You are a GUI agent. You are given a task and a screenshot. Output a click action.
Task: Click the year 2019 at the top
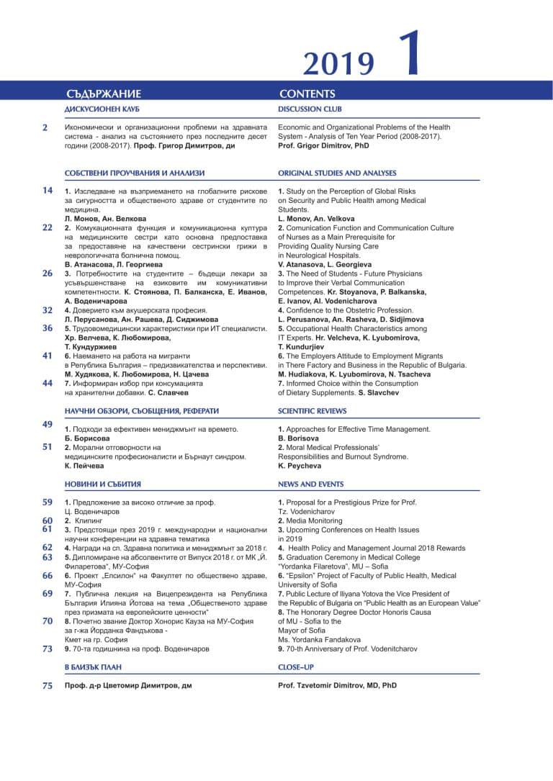(338, 64)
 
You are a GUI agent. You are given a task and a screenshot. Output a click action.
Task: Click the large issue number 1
(408, 53)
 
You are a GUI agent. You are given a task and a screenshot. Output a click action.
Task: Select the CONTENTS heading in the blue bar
(307, 94)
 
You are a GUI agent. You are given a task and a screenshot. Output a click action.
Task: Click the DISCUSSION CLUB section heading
(310, 109)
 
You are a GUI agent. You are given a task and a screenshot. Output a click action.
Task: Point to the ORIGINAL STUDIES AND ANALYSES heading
(337, 173)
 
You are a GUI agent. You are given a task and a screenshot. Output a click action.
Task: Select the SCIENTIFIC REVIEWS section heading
(312, 411)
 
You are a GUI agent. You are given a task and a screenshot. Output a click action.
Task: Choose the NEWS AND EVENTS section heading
(311, 484)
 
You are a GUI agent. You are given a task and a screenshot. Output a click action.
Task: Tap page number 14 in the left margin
(48, 191)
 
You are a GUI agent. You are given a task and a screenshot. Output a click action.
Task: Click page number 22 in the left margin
(48, 227)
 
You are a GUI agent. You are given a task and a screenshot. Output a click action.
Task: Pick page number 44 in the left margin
(48, 383)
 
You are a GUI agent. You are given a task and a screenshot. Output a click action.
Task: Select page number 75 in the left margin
(48, 686)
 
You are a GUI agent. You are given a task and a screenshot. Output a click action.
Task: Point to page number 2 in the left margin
(45, 127)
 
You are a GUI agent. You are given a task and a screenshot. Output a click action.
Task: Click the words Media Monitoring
(314, 520)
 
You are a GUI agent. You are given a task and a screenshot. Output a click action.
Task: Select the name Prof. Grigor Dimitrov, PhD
(323, 145)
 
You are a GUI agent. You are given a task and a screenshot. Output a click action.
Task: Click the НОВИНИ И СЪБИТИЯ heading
(103, 484)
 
